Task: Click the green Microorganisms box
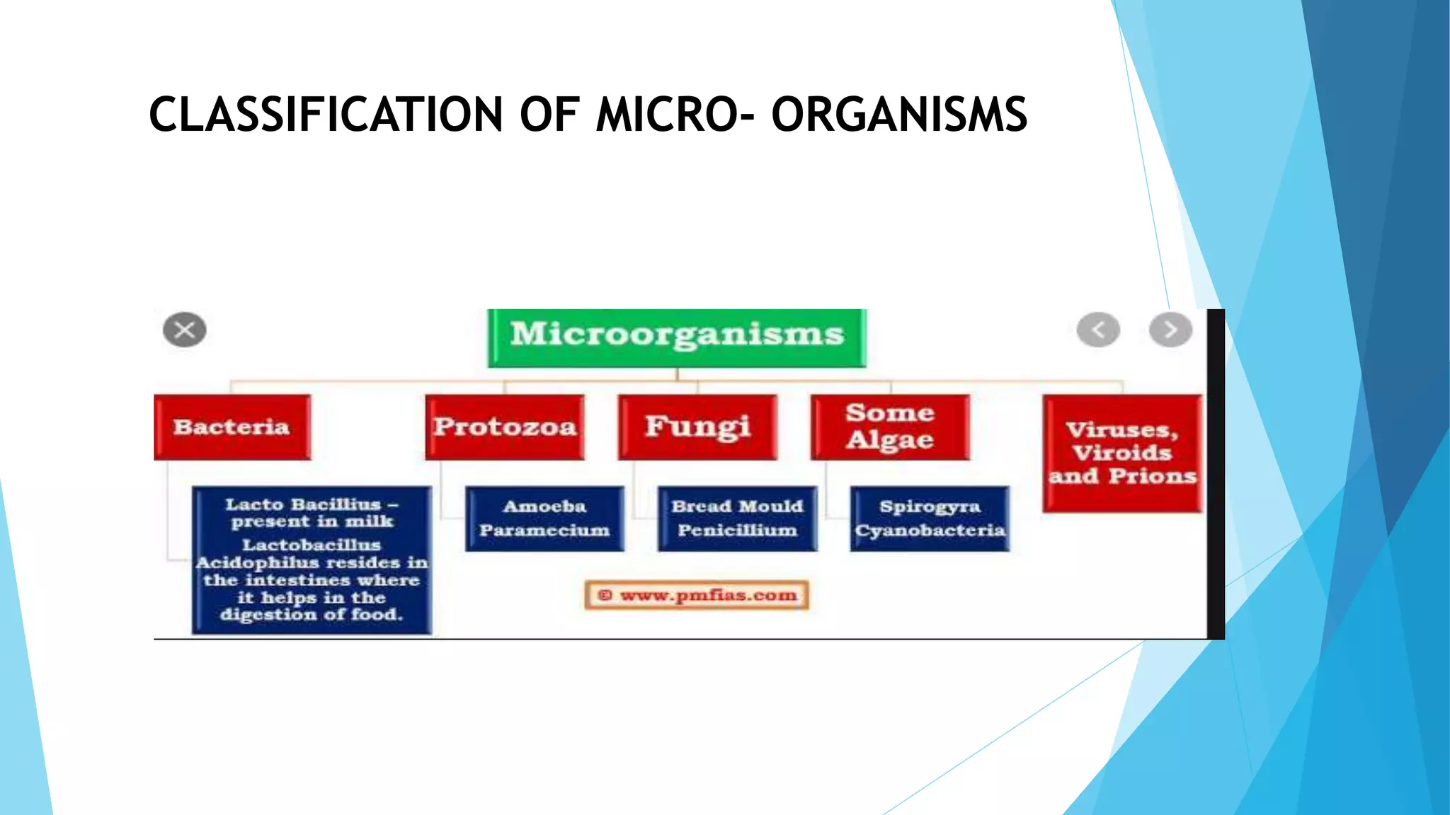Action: coord(677,337)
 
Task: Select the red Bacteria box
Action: coord(232,427)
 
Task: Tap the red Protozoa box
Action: coord(505,427)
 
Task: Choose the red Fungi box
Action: coord(697,427)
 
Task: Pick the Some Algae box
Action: coord(890,427)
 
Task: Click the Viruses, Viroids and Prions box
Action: coord(1122,453)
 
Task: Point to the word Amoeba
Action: coord(544,507)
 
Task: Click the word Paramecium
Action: coord(544,531)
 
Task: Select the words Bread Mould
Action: coord(737,507)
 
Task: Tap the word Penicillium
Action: coord(737,531)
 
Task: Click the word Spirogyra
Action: coord(930,507)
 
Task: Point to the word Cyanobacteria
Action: coord(930,531)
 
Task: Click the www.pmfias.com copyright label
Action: coord(697,595)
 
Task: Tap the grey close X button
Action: coord(185,330)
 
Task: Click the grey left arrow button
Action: coord(1098,330)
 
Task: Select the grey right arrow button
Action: coord(1170,330)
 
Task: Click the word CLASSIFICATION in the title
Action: coord(326,115)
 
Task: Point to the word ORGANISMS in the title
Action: coord(898,115)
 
